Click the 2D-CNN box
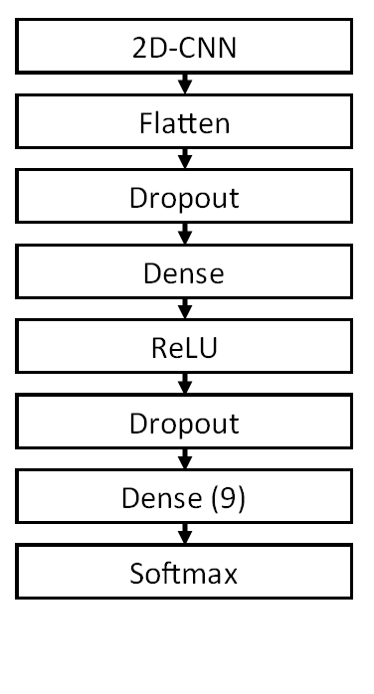(184, 47)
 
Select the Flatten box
(184, 122)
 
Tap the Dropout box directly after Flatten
(184, 198)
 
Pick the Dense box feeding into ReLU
(184, 272)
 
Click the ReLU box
(184, 348)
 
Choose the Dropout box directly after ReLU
(184, 424)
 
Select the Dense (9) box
(184, 499)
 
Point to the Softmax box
(184, 574)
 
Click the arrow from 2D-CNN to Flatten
(184, 85)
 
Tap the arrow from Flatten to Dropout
(184, 160)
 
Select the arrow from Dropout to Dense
(184, 236)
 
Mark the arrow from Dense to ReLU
(184, 310)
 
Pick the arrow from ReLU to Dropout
(184, 386)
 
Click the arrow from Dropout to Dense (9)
(184, 461)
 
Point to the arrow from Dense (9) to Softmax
(184, 537)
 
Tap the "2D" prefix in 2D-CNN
(146, 47)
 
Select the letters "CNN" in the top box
(208, 47)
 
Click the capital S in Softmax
(136, 575)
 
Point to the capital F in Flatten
(144, 122)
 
